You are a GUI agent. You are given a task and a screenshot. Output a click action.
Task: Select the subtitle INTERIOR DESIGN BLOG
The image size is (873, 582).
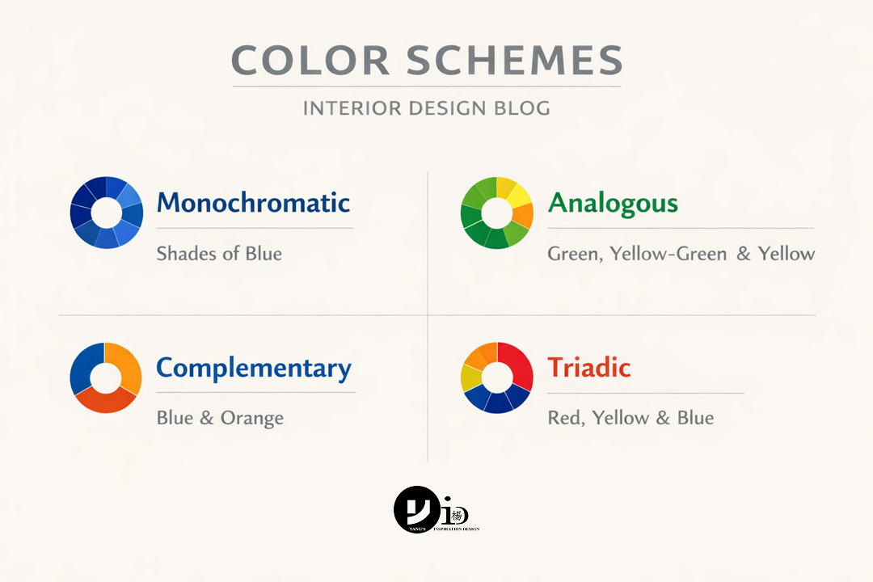point(426,108)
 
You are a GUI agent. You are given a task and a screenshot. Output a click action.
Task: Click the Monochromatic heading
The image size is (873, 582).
point(253,202)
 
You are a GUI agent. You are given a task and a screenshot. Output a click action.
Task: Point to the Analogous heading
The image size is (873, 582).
point(613,202)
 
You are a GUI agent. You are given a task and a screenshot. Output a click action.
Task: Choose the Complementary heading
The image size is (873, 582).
point(253,369)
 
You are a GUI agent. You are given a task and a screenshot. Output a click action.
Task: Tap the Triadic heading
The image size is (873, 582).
point(588,368)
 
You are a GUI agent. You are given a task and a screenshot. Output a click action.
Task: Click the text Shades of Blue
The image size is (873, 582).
point(219,254)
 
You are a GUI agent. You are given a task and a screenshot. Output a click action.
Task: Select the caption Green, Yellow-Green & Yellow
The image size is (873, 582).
point(681,254)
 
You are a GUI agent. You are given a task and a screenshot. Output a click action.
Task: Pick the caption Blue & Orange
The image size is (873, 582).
point(220,418)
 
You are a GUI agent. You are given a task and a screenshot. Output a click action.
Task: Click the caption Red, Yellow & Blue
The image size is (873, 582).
point(630,418)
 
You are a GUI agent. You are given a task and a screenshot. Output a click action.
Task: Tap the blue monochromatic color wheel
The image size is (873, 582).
point(106,213)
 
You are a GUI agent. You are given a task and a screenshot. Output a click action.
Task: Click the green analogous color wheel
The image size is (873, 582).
point(496,213)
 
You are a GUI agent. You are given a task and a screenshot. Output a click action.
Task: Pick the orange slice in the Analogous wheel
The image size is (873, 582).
point(523,215)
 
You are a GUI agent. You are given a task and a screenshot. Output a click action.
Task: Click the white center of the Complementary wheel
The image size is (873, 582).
point(106,378)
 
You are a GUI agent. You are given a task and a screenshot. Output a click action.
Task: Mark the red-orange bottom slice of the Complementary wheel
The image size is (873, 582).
point(107,402)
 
